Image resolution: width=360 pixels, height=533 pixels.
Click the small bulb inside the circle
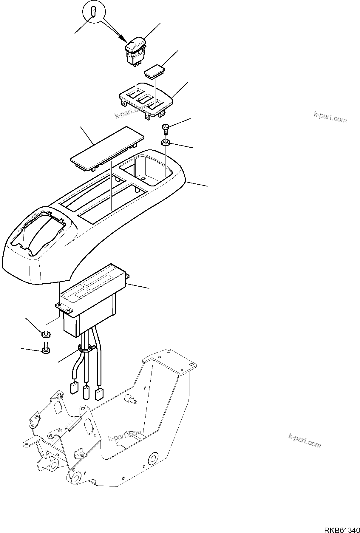click(x=94, y=13)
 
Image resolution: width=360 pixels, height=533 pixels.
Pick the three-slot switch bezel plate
click(x=146, y=101)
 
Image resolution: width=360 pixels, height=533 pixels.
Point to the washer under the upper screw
click(x=166, y=143)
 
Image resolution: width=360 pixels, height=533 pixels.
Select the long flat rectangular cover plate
click(x=107, y=148)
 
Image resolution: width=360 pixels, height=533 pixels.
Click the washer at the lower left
click(x=46, y=334)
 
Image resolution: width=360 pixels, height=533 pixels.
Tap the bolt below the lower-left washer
click(x=46, y=349)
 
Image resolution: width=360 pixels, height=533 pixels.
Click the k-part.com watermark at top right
click(x=330, y=117)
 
